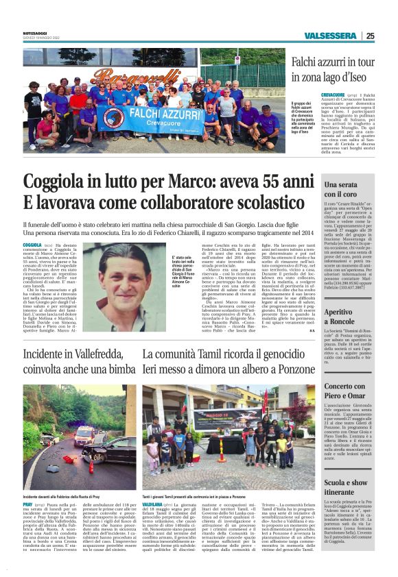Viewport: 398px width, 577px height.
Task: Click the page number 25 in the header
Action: (370, 36)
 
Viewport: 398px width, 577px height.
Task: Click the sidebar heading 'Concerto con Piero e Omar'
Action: (346, 391)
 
